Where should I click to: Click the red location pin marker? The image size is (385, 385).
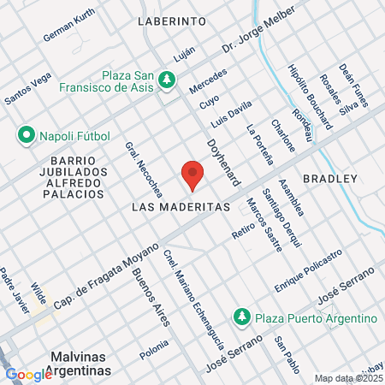coord(192,175)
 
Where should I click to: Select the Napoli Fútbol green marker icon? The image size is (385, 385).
coord(26,134)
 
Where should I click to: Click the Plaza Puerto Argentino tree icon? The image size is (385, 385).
coord(243,318)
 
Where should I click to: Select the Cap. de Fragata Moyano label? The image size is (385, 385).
coord(107,275)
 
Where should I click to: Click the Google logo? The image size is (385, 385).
coord(29,374)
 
